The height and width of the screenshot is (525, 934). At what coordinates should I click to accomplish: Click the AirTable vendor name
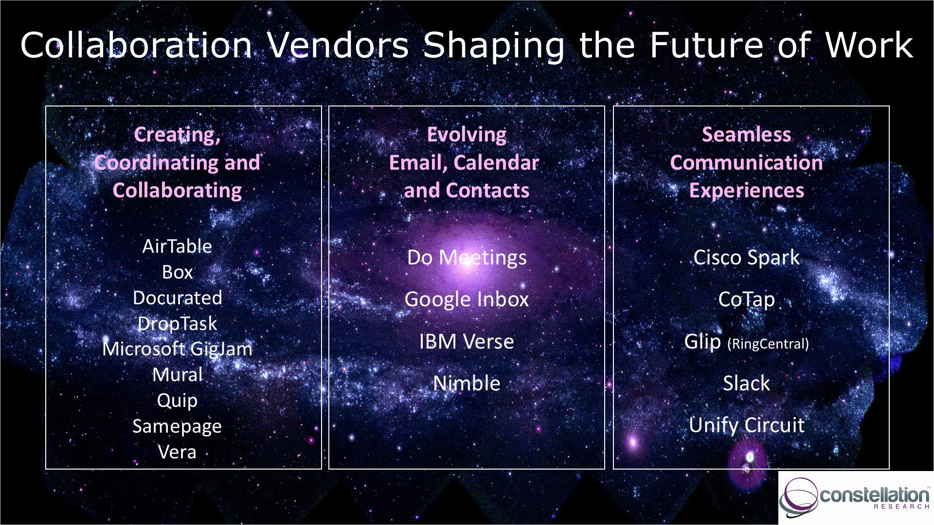coord(177,246)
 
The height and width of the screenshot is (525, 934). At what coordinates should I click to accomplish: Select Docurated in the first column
coord(178,297)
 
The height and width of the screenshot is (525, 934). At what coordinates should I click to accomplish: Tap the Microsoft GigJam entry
coord(178,349)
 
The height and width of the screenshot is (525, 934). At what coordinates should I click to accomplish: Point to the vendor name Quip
coord(177,401)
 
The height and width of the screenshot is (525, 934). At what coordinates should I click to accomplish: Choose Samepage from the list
coord(177,427)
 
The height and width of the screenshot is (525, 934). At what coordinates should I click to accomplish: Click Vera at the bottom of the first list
coord(177,452)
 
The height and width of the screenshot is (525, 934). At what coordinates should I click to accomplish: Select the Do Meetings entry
coord(467,258)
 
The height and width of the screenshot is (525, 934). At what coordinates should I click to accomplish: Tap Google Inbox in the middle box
coord(467,299)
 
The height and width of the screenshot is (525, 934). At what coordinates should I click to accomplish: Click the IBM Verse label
coord(467,342)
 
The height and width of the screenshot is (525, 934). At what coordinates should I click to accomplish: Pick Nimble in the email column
coord(467,384)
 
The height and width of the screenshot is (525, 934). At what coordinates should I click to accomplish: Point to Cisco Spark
coord(746,258)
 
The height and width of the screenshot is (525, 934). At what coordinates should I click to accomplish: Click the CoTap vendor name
coord(746,300)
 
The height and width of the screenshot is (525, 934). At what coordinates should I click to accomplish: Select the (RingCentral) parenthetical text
coord(768,344)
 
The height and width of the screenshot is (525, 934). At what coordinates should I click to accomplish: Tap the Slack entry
coord(746,384)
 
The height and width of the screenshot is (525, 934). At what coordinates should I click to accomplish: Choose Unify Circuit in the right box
coord(747,426)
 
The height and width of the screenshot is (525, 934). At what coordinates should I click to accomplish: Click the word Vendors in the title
coord(338,46)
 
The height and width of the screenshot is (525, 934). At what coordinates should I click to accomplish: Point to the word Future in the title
coord(707,46)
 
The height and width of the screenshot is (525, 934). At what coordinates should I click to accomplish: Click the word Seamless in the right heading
coord(746,135)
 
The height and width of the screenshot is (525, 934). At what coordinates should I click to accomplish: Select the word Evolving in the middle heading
coord(467,135)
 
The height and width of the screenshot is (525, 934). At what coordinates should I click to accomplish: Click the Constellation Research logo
coord(855,497)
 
